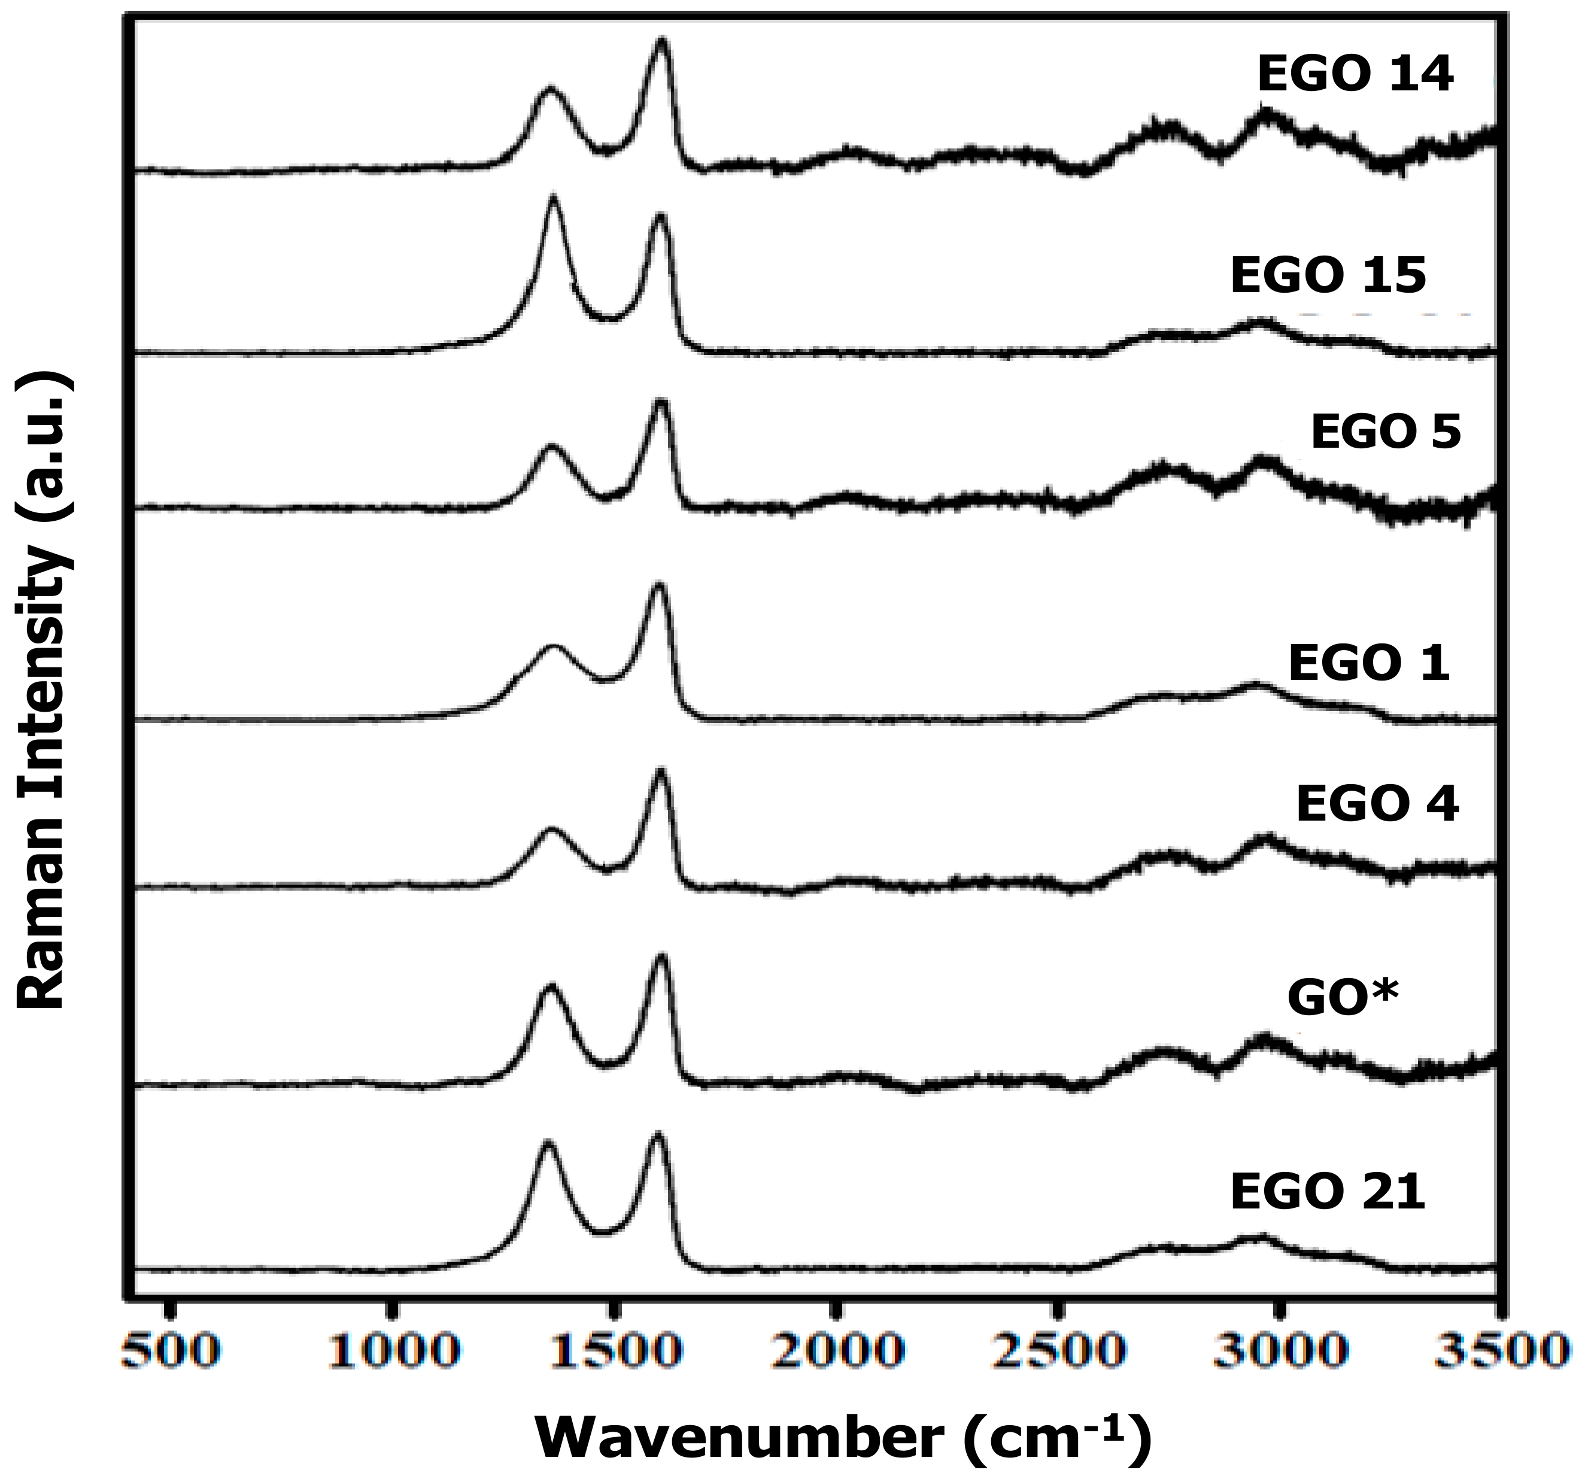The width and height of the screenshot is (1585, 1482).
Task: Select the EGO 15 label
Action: pyautogui.click(x=1328, y=276)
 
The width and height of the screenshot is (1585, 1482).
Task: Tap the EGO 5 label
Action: pyautogui.click(x=1386, y=433)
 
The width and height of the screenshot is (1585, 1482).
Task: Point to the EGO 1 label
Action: pyautogui.click(x=1369, y=663)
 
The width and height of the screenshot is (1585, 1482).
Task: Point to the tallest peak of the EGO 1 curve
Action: pyautogui.click(x=658, y=588)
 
